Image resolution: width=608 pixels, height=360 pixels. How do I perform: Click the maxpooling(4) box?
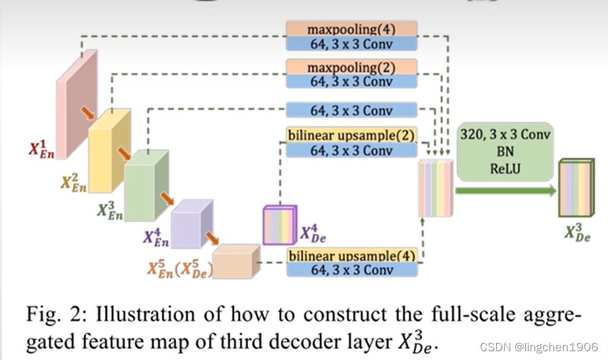pos(352,29)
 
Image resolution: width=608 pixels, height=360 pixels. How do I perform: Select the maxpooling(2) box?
pos(352,66)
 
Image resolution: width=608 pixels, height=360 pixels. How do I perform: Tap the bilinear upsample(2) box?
pos(352,135)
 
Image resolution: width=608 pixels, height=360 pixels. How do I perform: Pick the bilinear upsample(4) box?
pos(352,256)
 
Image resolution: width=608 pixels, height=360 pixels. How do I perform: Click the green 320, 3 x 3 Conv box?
pos(505,152)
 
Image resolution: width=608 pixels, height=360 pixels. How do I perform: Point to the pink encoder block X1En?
pos(77,104)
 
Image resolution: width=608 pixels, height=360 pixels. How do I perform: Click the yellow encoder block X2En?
pos(109,151)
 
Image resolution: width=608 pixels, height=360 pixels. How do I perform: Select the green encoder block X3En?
pos(146,186)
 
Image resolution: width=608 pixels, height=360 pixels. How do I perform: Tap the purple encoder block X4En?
pos(192,224)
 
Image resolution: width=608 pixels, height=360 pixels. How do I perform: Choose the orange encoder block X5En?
pos(236,261)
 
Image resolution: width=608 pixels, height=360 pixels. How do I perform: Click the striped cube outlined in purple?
pos(280,225)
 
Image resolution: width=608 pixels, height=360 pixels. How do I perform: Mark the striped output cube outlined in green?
pos(576,187)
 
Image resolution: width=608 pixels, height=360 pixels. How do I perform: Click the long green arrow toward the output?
pos(506,191)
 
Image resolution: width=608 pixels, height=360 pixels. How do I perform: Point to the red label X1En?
pos(41,150)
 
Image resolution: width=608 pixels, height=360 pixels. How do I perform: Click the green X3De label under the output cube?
pos(577,233)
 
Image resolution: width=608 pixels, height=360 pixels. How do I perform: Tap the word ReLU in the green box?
pos(505,169)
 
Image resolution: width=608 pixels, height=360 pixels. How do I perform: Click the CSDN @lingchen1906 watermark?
pos(539,347)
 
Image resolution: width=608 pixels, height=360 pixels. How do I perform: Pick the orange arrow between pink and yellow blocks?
pos(87,113)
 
